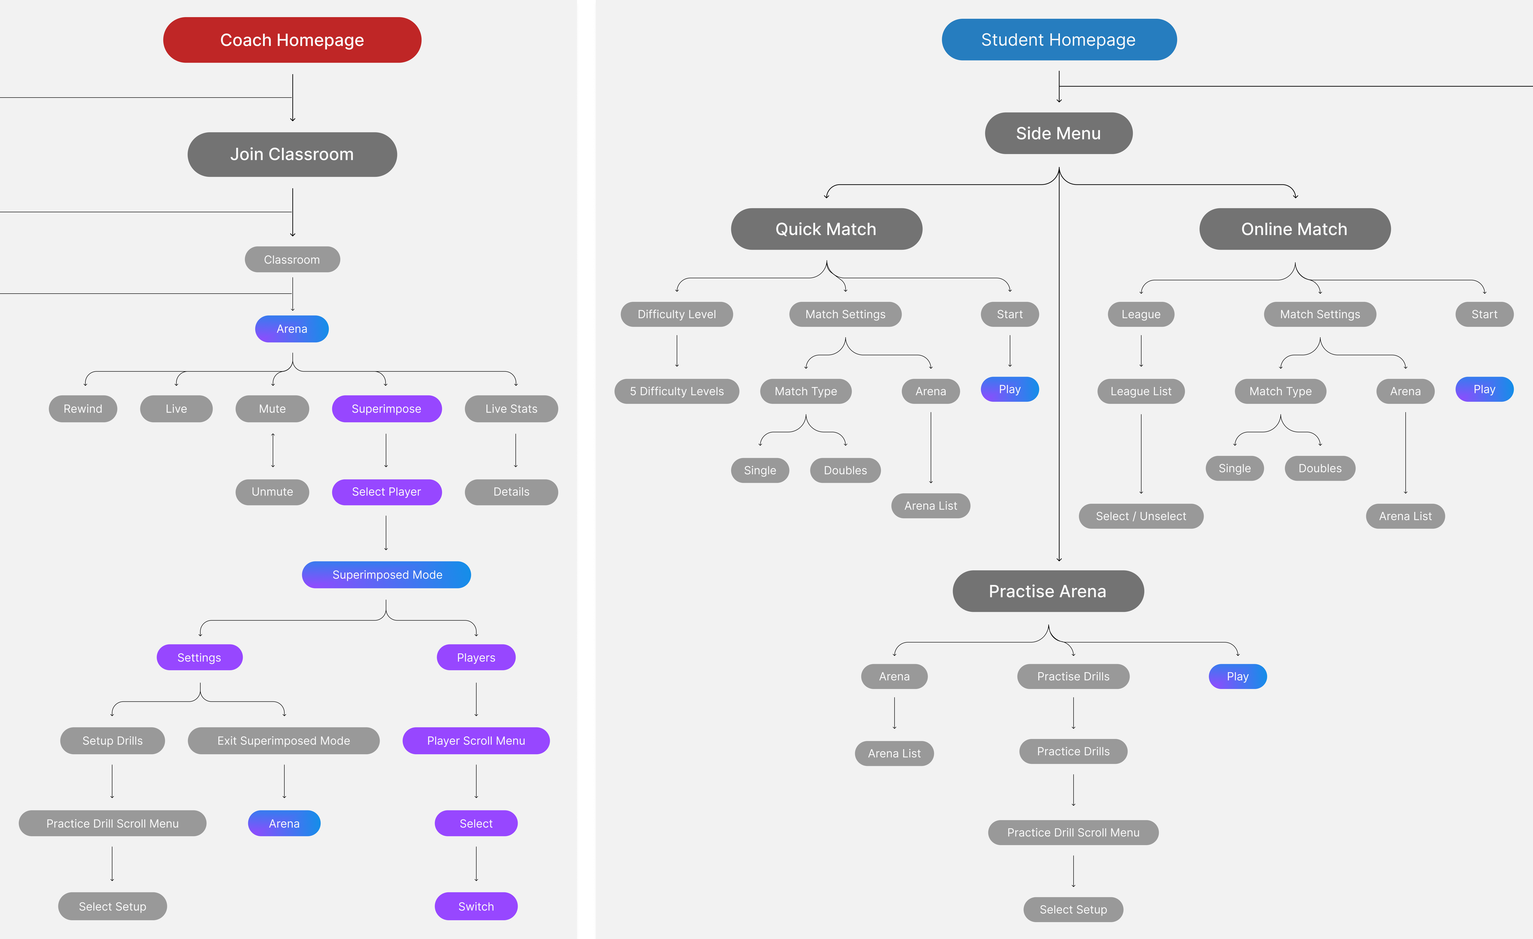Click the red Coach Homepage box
pos(292,40)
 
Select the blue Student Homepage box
pos(1058,40)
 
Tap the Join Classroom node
pos(292,154)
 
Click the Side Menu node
pos(1058,133)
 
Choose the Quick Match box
pos(826,229)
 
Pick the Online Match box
pos(1294,229)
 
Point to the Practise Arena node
pos(1048,591)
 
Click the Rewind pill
pos(83,409)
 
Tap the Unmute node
pos(272,492)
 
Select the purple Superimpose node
pos(386,409)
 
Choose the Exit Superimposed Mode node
pos(284,741)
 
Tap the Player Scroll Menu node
pos(476,741)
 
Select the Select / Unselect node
pos(1140,516)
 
